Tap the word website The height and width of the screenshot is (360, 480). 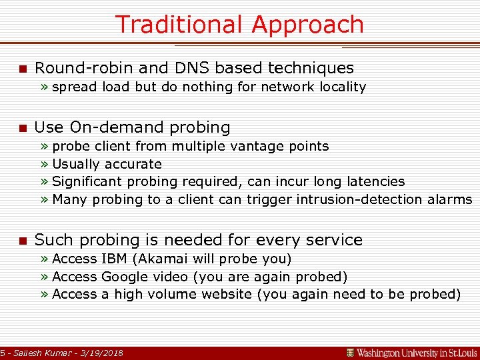click(224, 294)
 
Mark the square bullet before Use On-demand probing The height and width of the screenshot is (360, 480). click(22, 128)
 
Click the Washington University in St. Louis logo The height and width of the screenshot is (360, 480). click(411, 352)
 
